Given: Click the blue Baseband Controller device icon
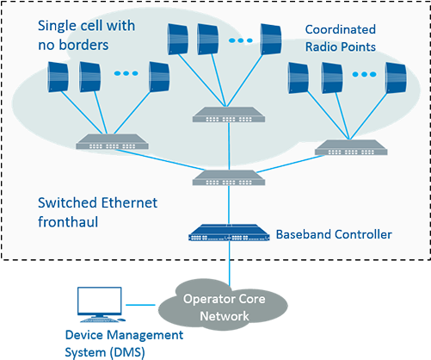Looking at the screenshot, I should point(229,233).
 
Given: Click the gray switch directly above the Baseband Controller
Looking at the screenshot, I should point(229,178).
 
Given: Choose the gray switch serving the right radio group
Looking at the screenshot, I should point(345,147).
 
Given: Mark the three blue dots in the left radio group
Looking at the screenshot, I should point(124,74).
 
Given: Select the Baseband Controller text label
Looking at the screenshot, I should point(334,234).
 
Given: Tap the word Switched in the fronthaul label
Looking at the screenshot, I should point(71,203).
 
